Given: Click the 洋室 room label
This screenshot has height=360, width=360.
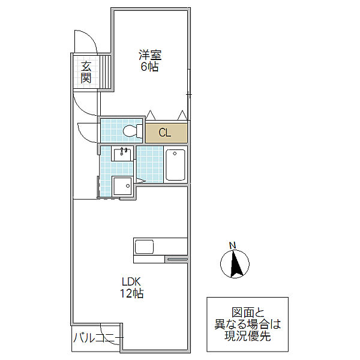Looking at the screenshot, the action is pos(150,55).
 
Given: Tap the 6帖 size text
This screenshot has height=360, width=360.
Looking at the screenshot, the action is pos(149,67).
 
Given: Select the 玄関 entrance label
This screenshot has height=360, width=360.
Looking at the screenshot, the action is pos(86,72).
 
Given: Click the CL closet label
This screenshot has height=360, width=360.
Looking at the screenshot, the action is pos(165,133).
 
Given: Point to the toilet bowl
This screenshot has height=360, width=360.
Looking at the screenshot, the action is pos(133,131).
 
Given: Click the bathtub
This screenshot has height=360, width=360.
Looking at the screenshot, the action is pos(175,164).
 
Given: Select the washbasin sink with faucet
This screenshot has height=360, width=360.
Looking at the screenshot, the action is pos(122,154).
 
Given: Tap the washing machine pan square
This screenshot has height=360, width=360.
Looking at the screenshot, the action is pos(122,186).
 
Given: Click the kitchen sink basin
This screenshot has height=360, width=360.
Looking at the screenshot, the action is pos(144,247).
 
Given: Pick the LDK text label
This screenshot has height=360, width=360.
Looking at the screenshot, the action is pos(131,281).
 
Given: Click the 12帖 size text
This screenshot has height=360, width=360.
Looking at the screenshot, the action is pos(132,293).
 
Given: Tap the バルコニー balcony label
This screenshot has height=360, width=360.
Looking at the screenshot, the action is pos(98,338).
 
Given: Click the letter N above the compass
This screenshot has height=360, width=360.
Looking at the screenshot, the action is pos(233,245).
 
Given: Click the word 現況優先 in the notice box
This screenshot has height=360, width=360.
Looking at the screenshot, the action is pos(247,336).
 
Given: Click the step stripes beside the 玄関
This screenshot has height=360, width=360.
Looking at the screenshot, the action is pos(106,72).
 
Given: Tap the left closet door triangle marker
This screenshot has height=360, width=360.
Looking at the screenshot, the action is pos(151,115).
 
